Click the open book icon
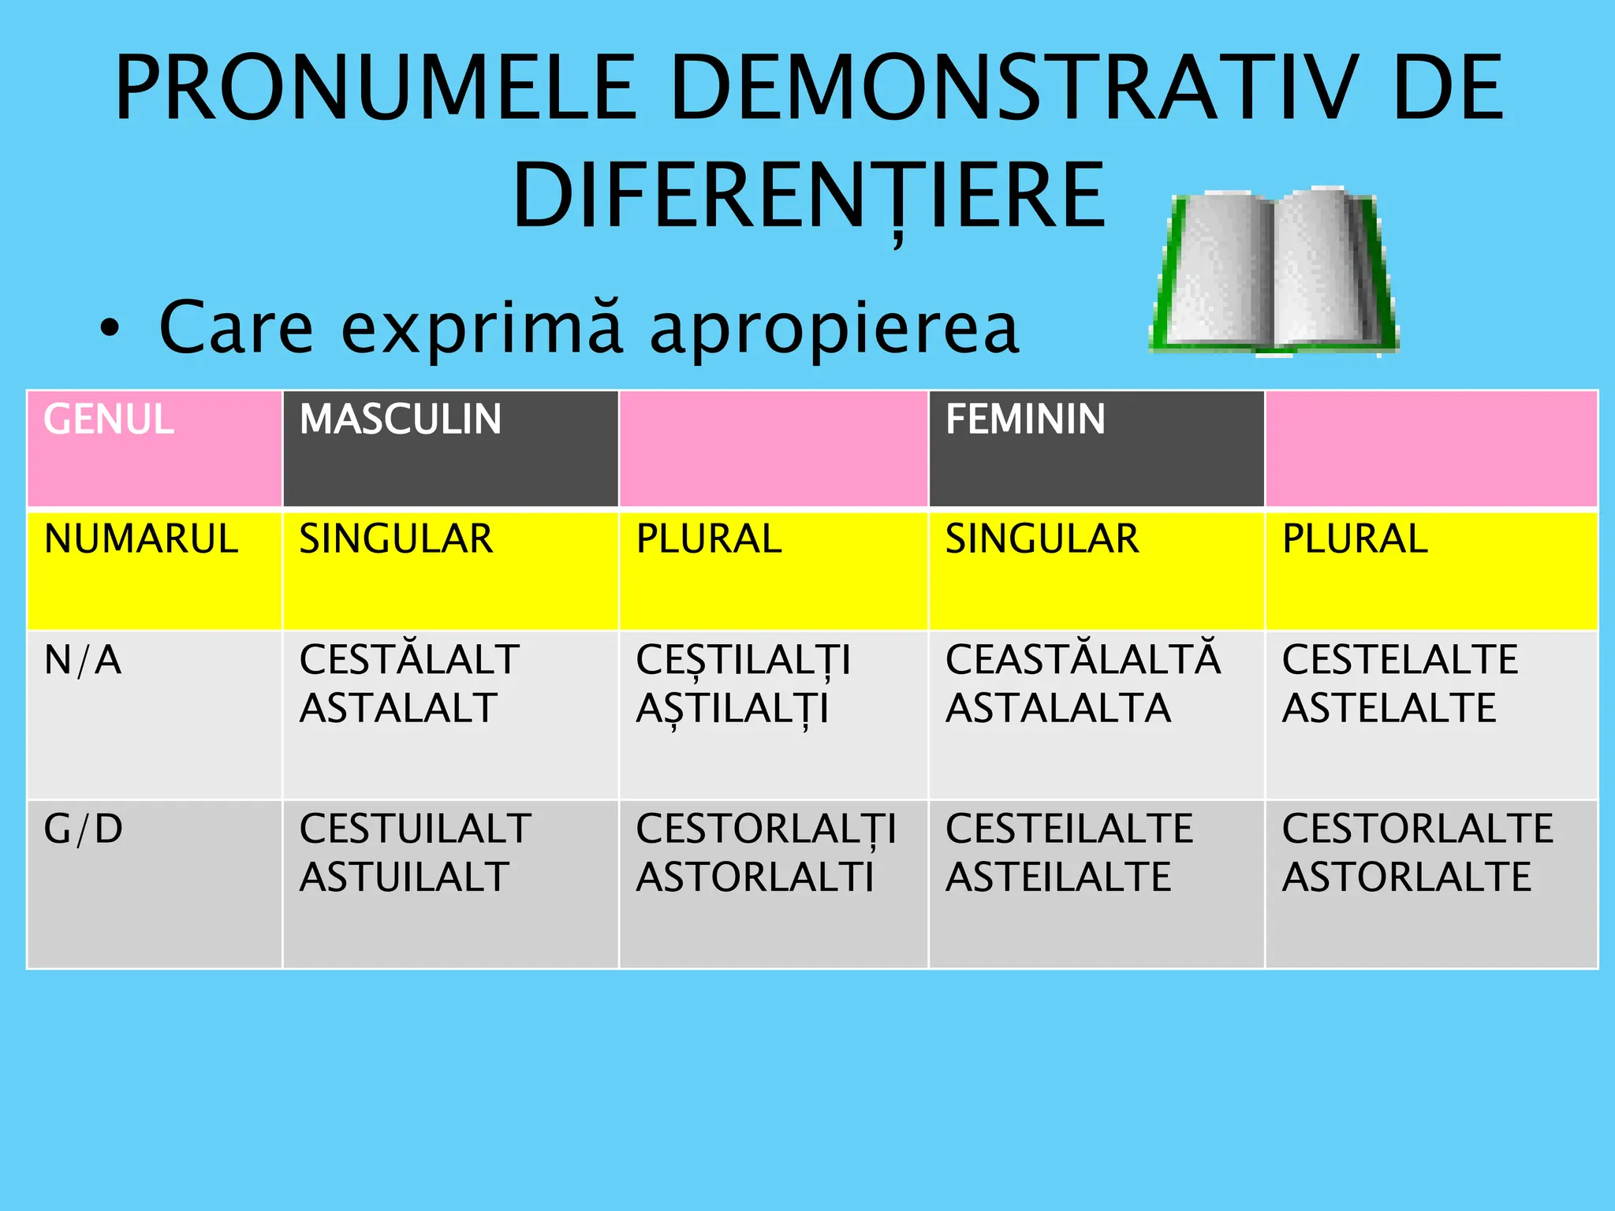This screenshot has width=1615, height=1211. pos(1273,272)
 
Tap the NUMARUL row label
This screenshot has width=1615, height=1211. pos(141,539)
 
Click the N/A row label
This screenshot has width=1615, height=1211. pos(83,661)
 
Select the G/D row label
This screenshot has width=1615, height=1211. pos(84,829)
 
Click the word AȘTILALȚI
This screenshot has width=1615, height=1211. pos(733,709)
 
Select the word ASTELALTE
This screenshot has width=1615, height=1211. pos(1389,708)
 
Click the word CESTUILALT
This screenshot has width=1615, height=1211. pos(415,829)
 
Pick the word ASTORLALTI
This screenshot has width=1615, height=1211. pos(755,878)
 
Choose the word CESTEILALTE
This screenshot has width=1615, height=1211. pos(1069,829)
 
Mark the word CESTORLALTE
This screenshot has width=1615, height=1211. pos(1418,829)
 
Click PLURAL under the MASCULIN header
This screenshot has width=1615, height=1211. pos(709,539)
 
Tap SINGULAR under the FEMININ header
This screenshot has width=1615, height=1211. pos(1042,539)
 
